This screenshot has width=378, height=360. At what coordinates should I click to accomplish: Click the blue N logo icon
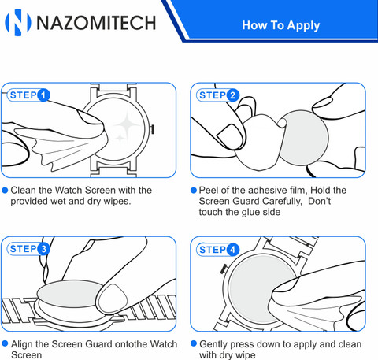[18, 22]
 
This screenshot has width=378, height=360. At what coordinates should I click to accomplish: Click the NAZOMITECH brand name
[96, 23]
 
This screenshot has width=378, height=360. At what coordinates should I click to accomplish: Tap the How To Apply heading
[281, 25]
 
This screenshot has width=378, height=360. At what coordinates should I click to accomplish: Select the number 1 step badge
[43, 95]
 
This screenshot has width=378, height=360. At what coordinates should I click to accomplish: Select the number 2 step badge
[233, 95]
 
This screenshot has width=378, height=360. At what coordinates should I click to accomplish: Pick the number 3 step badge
[43, 249]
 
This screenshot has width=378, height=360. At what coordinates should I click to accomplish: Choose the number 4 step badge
[233, 250]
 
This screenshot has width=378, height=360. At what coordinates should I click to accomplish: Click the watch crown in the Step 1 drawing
[152, 129]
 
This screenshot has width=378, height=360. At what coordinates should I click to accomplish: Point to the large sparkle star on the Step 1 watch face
[127, 124]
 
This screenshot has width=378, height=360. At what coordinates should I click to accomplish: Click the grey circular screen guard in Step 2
[304, 138]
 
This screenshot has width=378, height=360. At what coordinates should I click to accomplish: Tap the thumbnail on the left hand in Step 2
[231, 136]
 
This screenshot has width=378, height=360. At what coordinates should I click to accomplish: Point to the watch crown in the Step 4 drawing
[224, 269]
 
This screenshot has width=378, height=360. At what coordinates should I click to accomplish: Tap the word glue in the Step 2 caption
[251, 212]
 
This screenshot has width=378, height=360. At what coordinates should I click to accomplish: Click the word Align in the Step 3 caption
[22, 344]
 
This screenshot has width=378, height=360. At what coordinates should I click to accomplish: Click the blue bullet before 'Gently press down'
[194, 343]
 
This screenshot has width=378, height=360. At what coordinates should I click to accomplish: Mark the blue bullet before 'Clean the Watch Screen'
[5, 190]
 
